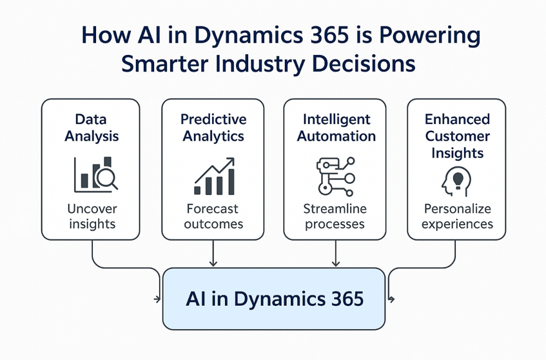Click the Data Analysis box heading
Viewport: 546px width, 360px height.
92,128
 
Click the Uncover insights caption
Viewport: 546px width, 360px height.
92,216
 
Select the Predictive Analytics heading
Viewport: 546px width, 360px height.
213,128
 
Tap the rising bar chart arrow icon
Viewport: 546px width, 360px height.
215,176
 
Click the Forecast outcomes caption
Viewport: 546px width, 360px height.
213,216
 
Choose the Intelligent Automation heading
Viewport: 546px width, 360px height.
336,128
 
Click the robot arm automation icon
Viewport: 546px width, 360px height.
336,176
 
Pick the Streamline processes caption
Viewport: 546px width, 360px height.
335,216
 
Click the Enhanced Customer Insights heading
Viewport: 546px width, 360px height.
457,136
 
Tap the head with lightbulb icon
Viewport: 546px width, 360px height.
456,181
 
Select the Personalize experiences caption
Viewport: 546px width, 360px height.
457,216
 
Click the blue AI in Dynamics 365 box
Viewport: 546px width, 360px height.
274,299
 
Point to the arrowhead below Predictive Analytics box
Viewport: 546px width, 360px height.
213,263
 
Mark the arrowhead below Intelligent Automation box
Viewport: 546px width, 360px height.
336,263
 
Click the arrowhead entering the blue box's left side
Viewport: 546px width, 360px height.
158,299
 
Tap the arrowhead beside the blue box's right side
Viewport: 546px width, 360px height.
391,299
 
